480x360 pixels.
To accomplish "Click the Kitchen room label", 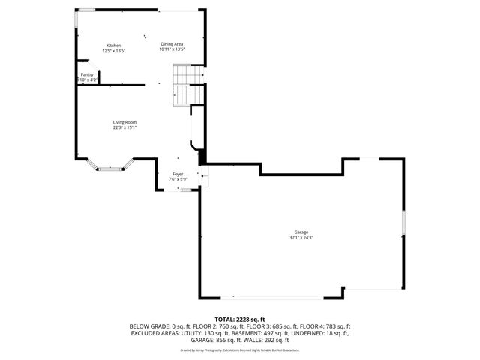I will (x=113, y=45).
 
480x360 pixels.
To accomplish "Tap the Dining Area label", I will (x=172, y=44).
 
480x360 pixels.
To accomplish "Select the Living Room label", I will (x=124, y=122).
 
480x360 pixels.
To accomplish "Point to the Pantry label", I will (x=88, y=74).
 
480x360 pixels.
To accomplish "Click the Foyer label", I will (x=178, y=174).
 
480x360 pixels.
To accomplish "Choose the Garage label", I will (x=301, y=232).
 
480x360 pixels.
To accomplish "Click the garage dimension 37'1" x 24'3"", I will (x=301, y=238).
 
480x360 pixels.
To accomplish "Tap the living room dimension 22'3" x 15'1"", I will (x=124, y=127).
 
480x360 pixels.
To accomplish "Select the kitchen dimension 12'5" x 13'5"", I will (x=113, y=50).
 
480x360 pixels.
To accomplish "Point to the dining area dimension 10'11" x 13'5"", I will (x=172, y=49).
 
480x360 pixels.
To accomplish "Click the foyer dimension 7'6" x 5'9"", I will (x=178, y=179).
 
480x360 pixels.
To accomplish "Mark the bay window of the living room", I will (x=109, y=168).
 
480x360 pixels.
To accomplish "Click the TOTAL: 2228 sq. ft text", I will (x=240, y=319).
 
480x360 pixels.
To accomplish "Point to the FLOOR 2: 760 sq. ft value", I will (x=199, y=326).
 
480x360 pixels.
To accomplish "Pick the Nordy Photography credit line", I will (x=240, y=349).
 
